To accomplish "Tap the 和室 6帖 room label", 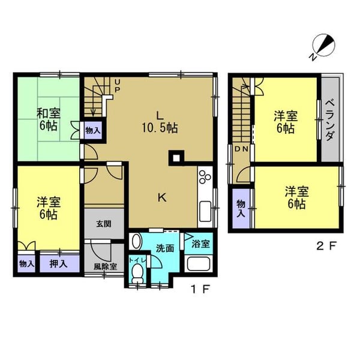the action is (x=49, y=119).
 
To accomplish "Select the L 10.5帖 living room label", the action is (x=160, y=122).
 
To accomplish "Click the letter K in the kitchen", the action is (x=162, y=197).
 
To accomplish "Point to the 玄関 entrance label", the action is (x=104, y=224).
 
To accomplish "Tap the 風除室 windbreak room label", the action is (x=105, y=266).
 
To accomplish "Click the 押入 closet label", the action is (x=58, y=264).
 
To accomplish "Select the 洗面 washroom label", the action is (x=165, y=248).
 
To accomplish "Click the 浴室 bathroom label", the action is (x=200, y=244).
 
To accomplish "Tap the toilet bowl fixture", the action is (x=138, y=273).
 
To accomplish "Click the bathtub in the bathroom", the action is (x=199, y=263).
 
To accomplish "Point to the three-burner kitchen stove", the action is (x=205, y=177).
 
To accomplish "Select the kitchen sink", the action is (x=205, y=211).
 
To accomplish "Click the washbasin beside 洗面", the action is (x=136, y=241).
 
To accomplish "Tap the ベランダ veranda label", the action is (x=329, y=120).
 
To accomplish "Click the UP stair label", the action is (x=117, y=86).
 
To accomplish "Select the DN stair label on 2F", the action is (x=241, y=149).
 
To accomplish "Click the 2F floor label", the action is (x=326, y=247).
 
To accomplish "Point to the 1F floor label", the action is (x=200, y=289).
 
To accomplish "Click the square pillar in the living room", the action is (x=176, y=158).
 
